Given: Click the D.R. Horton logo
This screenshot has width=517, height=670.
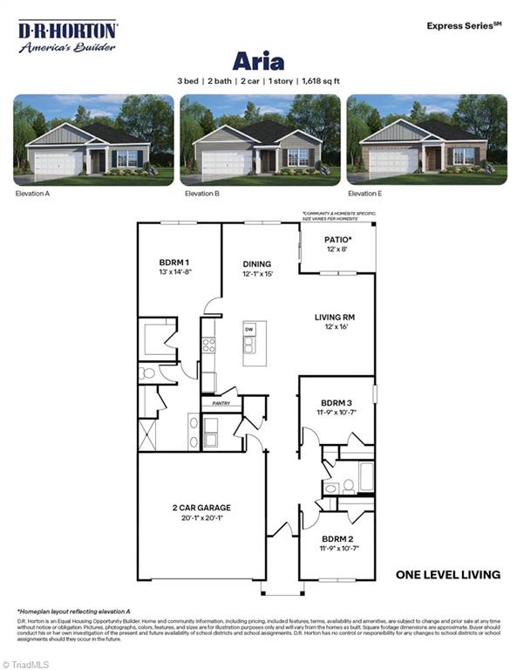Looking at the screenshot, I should point(68,37).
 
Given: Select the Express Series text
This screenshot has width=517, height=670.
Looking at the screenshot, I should point(464,26).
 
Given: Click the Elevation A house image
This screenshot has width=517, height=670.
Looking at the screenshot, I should point(93,140).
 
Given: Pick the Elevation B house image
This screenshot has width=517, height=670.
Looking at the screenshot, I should point(260,140).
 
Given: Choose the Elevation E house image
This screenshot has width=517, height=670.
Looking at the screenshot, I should point(426,140).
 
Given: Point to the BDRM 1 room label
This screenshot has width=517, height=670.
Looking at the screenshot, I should point(174,263).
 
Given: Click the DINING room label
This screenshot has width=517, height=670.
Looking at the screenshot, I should point(257,263).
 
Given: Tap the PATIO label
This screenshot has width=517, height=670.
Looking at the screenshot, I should point(338,239).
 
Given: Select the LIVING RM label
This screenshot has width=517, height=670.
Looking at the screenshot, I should point(336,318).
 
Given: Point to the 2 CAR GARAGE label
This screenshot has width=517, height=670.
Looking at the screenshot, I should point(201,508).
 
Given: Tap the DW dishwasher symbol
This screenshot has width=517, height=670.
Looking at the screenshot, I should point(248,330).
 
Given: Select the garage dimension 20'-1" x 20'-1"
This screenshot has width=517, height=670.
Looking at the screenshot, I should point(201,518).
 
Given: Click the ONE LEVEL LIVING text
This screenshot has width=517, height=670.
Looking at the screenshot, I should point(447,575).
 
